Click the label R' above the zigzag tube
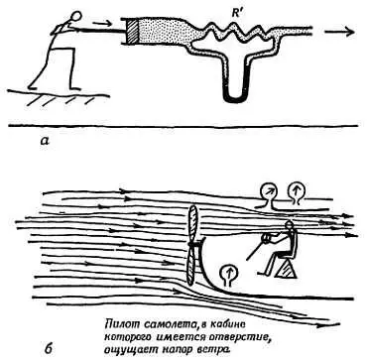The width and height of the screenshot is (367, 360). pyautogui.click(x=237, y=14)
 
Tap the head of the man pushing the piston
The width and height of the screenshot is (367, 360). pyautogui.click(x=76, y=16)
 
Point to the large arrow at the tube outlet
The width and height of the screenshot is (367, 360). pyautogui.click(x=339, y=32)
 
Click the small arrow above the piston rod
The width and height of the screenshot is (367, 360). pyautogui.click(x=102, y=24)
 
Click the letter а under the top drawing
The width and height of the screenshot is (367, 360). pyautogui.click(x=44, y=141)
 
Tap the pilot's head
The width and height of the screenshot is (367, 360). pyautogui.click(x=290, y=225)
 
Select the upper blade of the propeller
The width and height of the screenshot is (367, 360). pyautogui.click(x=192, y=225)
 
